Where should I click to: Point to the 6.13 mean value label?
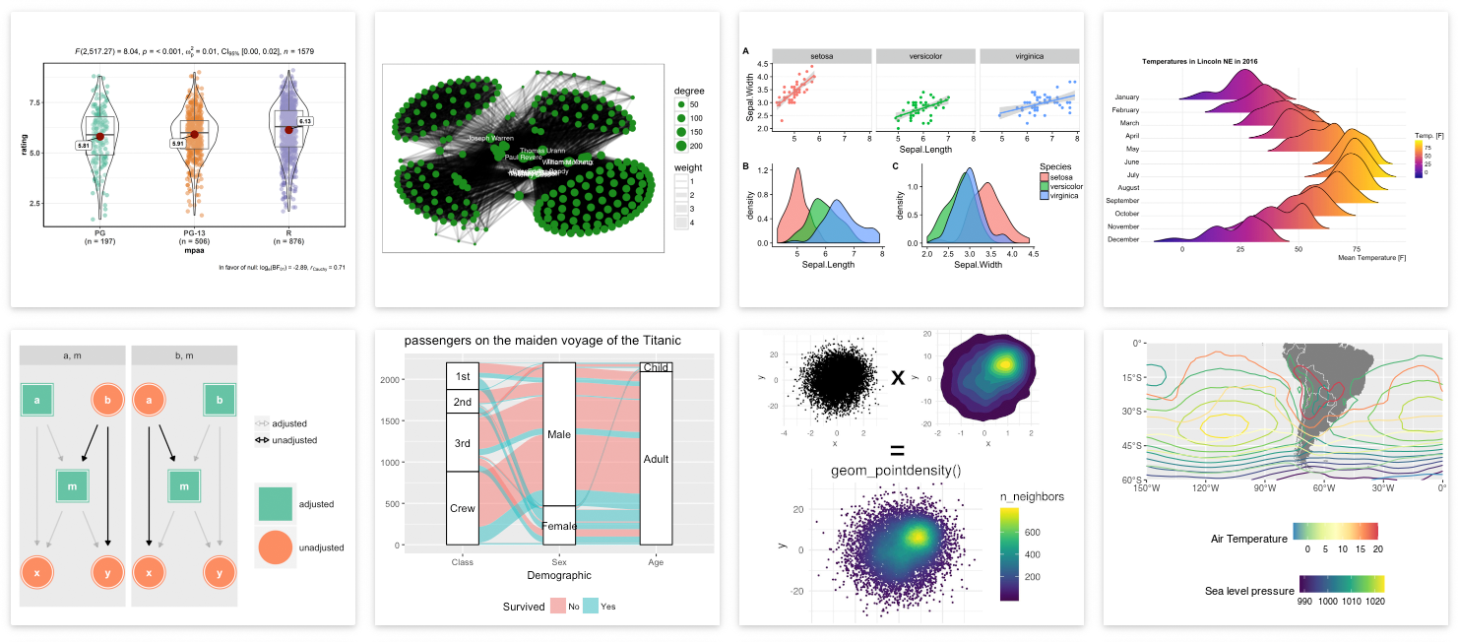tap(305, 121)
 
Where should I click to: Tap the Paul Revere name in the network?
tap(523, 157)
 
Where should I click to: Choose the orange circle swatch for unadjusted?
tap(275, 546)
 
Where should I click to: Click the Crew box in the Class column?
tap(462, 508)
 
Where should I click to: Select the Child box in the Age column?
tap(656, 367)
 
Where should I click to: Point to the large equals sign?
tap(897, 450)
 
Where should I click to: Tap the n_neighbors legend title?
tap(1032, 496)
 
